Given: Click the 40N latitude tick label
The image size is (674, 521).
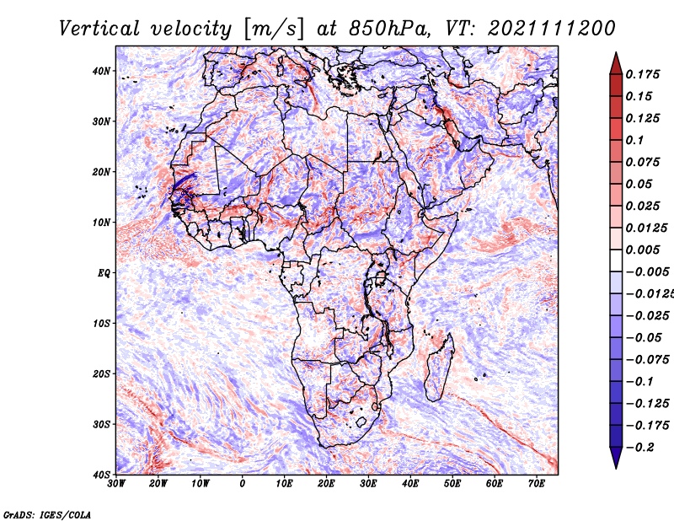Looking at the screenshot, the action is pos(101,71).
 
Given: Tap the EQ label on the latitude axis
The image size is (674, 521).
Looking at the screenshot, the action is pos(104,273).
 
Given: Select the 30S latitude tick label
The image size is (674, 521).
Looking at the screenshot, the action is pos(101,425).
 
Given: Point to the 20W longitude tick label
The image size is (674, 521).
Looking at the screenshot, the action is pos(158,484).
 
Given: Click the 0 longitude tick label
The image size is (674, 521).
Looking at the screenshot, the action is pos(243,484).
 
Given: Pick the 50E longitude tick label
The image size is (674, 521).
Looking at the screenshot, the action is pos(452,484).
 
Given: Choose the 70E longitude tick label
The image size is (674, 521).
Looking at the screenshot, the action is pos(537,484).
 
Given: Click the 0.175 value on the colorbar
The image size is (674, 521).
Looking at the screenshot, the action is pos(643,74).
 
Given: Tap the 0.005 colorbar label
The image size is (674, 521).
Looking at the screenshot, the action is pos(643,250).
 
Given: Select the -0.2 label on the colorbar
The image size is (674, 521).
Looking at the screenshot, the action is pos(640,448).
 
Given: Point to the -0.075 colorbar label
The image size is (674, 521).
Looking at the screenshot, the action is pos(648,359).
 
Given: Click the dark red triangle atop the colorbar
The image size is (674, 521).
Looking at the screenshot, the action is pos(616,65).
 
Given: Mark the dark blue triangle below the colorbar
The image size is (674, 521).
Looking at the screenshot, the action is pos(616,457).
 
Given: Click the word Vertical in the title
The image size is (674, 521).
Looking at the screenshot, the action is pos(99,29).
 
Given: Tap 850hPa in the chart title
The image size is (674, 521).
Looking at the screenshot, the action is pos(389,29).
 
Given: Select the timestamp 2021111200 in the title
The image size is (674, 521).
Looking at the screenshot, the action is pos(552,29).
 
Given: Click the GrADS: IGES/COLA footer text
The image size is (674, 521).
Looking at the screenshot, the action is pos(47,514).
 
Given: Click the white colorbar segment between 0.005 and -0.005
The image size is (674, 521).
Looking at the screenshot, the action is pos(616,260).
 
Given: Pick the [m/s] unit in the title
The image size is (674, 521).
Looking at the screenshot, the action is pos(273,29).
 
